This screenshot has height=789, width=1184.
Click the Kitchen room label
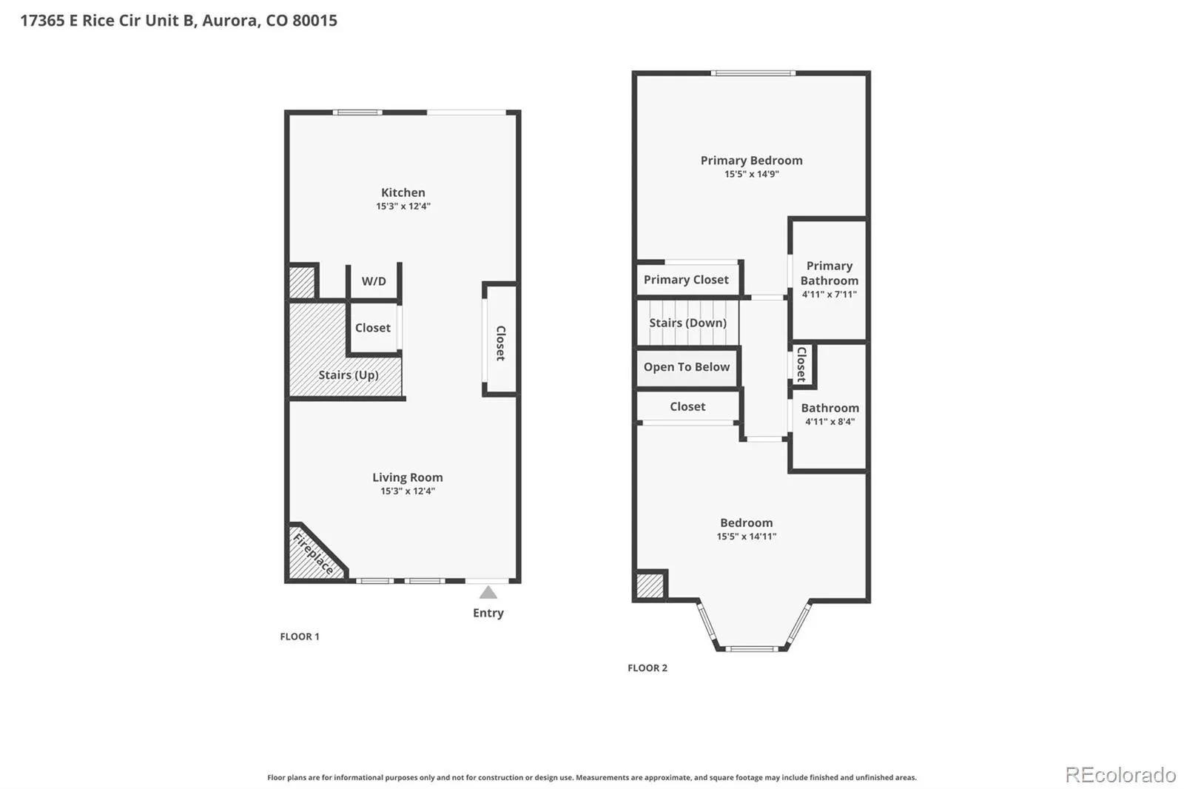coord(403,192)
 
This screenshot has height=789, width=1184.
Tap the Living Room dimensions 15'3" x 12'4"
coord(408,491)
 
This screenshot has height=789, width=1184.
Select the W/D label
coord(374,281)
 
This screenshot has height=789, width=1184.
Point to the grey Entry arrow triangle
coord(488,592)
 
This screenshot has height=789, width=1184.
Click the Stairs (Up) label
coord(349,375)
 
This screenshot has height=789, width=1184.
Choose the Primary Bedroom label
coord(751,160)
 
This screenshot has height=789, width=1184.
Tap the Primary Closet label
coord(685,280)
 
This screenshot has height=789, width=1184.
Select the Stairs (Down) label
coord(687,323)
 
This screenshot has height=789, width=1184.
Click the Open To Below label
coord(686,367)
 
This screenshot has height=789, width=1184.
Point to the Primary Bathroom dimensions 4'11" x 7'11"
coord(829,295)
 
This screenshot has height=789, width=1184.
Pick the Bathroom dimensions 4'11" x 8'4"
coord(830,422)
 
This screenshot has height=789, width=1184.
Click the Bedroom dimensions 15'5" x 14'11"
coord(747,537)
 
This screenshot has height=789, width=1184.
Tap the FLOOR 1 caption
coord(300,637)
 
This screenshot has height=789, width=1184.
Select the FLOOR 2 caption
coord(647,668)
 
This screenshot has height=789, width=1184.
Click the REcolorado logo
coord(1120,775)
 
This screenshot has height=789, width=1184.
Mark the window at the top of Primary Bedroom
coord(753,73)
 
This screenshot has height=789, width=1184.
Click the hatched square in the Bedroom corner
coord(650,586)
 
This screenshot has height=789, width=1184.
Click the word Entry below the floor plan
coord(488,613)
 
